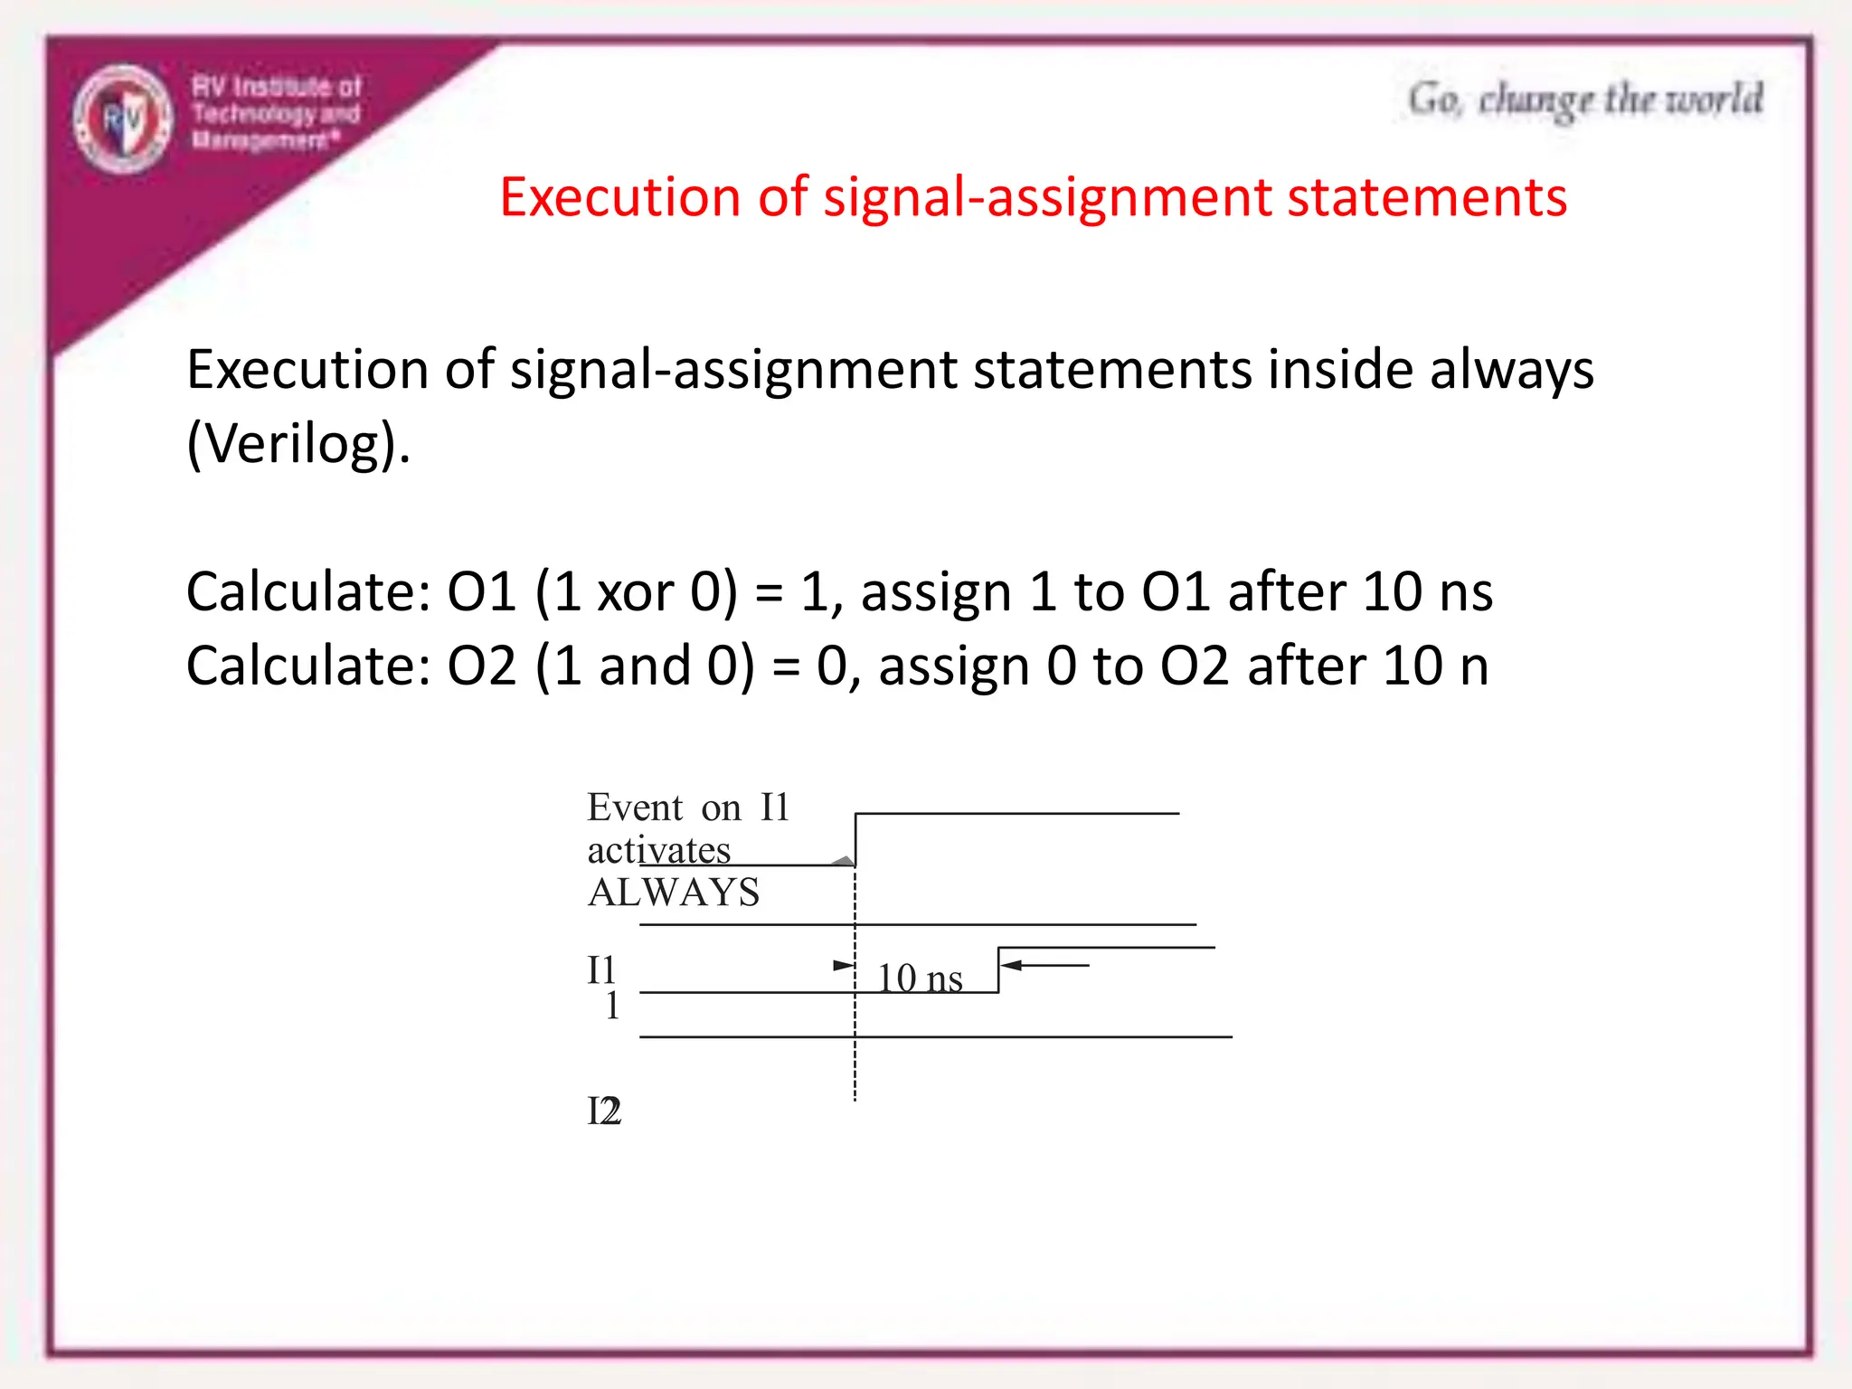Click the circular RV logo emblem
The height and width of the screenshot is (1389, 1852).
click(x=123, y=118)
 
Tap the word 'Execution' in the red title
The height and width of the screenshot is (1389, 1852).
click(x=619, y=197)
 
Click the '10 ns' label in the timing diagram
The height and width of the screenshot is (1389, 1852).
click(x=920, y=978)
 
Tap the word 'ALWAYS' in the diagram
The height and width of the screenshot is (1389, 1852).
click(x=674, y=893)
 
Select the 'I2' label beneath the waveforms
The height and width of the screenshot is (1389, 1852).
click(x=604, y=1111)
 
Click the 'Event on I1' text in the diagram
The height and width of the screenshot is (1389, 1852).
click(x=688, y=807)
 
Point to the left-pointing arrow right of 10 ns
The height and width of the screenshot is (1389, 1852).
click(x=1045, y=965)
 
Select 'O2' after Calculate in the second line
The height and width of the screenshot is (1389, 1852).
click(x=482, y=666)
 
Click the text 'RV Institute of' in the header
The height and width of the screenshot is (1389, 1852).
click(x=276, y=87)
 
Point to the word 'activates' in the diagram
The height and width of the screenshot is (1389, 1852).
click(x=658, y=850)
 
